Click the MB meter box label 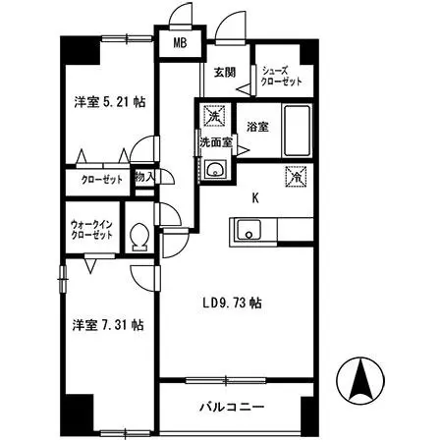[x=180, y=43]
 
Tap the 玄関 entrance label [x=225, y=72]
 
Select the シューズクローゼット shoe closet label [x=281, y=76]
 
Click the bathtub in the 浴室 [x=297, y=131]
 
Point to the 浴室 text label [x=258, y=127]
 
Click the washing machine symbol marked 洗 [x=214, y=116]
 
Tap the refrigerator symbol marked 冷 [x=296, y=177]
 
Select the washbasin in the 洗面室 [x=215, y=169]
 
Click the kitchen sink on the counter [x=249, y=230]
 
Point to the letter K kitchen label [x=255, y=197]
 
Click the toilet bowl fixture [x=139, y=237]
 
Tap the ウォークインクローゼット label [x=92, y=230]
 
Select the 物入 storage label [x=144, y=178]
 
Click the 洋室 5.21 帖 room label [x=110, y=102]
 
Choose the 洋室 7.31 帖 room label [x=108, y=325]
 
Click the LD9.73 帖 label [x=232, y=303]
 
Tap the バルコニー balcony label [x=232, y=407]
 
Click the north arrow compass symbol [x=360, y=380]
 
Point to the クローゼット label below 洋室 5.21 [x=102, y=180]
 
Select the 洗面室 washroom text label [x=216, y=142]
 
